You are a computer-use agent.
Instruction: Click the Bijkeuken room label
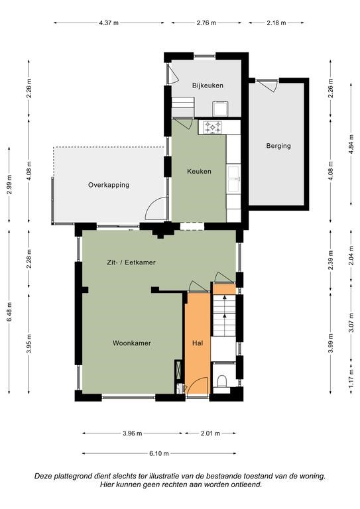[208, 85]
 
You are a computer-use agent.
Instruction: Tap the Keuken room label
[199, 172]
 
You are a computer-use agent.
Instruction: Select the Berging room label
[278, 146]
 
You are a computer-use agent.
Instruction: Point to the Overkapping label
[109, 185]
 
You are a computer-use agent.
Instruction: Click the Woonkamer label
[132, 343]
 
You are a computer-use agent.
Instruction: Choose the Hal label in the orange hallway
[198, 343]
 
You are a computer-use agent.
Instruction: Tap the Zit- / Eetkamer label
[131, 262]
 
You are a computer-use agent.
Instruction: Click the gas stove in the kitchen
[212, 127]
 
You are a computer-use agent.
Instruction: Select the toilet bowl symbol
[222, 381]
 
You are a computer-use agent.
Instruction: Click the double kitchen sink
[234, 179]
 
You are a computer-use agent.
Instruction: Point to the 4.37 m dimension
[109, 23]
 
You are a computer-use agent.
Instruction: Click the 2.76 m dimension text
[206, 23]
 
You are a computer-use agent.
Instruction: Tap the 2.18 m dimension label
[276, 23]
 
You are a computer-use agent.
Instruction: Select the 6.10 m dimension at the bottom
[159, 453]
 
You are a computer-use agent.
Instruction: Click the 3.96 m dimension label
[133, 433]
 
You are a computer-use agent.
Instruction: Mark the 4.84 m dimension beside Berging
[351, 144]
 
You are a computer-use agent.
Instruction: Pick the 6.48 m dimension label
[9, 312]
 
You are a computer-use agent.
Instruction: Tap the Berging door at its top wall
[267, 84]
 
